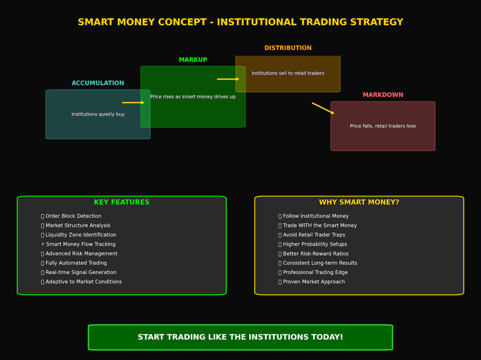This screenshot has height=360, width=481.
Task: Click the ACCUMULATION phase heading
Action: (x=98, y=83)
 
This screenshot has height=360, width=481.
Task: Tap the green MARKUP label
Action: (x=193, y=60)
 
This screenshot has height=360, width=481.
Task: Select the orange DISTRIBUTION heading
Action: (x=288, y=48)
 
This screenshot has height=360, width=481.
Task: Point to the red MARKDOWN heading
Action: (x=383, y=95)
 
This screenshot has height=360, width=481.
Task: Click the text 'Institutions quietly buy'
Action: (x=98, y=114)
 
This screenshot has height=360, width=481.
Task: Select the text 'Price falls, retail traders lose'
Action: (x=383, y=126)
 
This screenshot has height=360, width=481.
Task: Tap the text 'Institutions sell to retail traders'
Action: (x=288, y=73)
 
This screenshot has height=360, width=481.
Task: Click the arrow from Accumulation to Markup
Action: (x=133, y=103)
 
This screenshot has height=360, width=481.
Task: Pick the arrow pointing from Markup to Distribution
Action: (x=228, y=79)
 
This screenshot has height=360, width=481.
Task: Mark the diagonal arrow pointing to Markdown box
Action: (x=323, y=108)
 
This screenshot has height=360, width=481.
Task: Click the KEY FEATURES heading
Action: (x=122, y=202)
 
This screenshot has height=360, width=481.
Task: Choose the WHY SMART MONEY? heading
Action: (x=359, y=202)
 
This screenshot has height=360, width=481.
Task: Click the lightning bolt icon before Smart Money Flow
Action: (x=43, y=244)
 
